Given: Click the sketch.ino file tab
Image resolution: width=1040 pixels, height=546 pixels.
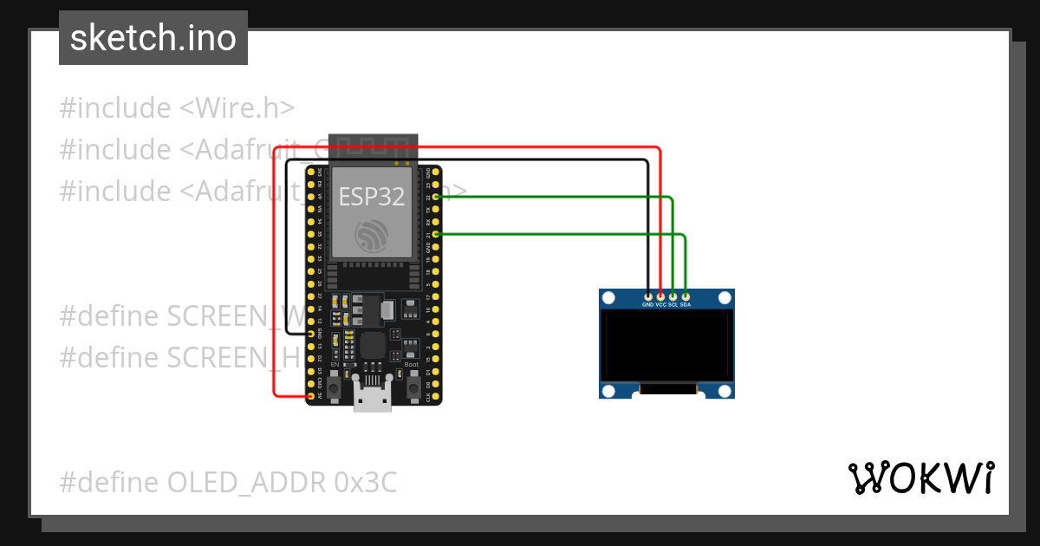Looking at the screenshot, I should coord(153,38).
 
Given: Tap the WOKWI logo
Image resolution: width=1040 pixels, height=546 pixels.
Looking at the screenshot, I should coord(920,478).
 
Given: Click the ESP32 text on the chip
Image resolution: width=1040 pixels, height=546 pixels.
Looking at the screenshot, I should coord(371,197).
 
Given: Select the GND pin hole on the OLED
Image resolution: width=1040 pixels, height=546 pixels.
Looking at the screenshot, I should coord(648,296).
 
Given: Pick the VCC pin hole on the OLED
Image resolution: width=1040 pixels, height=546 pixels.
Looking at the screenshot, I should coord(660,296).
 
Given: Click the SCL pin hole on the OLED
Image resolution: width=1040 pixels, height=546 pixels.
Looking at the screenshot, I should coord(673,296).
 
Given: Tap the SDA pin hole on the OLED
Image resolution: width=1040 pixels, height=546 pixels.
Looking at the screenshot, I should coord(686,296).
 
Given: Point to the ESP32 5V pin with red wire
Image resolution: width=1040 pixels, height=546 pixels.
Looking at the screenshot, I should coord(312,396).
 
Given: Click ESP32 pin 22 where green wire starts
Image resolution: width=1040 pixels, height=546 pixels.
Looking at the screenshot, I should coord(436,198).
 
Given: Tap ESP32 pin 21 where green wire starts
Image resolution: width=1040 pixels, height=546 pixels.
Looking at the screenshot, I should coord(436,234).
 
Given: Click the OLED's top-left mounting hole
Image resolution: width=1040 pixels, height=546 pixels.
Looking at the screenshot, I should coord(608,298).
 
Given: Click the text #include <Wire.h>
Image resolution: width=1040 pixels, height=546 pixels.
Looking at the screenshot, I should coord(177,108).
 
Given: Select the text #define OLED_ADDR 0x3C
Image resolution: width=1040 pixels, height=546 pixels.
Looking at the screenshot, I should coord(228,482).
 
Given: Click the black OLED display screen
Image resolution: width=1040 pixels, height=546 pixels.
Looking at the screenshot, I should coord(666,347).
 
